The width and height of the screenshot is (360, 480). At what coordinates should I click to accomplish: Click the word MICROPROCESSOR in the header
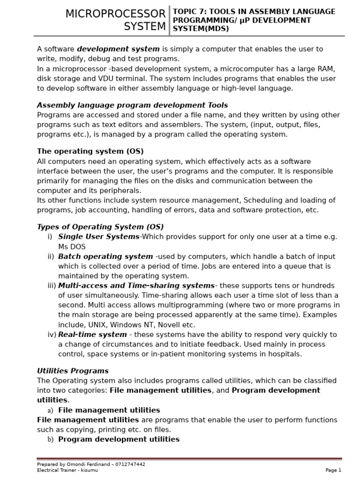pyautogui.click(x=115, y=14)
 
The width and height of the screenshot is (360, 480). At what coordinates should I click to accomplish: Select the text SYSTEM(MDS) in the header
pyautogui.click(x=201, y=29)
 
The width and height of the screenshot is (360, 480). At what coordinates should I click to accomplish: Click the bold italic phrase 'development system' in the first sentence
pyautogui.click(x=119, y=49)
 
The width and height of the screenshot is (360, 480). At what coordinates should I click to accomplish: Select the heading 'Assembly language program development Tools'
pyautogui.click(x=132, y=105)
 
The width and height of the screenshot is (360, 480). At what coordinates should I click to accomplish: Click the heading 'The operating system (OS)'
pyautogui.click(x=90, y=151)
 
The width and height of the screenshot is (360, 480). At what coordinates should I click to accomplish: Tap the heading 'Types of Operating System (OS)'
pyautogui.click(x=100, y=227)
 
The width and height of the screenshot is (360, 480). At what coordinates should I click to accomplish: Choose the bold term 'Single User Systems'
pyautogui.click(x=98, y=237)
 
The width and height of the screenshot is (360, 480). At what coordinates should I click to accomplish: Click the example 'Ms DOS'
pyautogui.click(x=72, y=247)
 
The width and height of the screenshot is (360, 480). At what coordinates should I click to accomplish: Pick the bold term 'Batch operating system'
pyautogui.click(x=105, y=256)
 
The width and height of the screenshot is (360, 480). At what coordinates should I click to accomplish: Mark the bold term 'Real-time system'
pyautogui.click(x=92, y=335)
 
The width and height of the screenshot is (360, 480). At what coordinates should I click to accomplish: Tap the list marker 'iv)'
pyautogui.click(x=52, y=335)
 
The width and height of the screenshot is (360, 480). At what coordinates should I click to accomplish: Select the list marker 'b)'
pyautogui.click(x=50, y=440)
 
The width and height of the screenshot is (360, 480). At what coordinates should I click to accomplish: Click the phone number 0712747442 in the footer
pyautogui.click(x=129, y=465)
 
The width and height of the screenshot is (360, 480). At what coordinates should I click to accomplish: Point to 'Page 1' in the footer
pyautogui.click(x=333, y=470)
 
